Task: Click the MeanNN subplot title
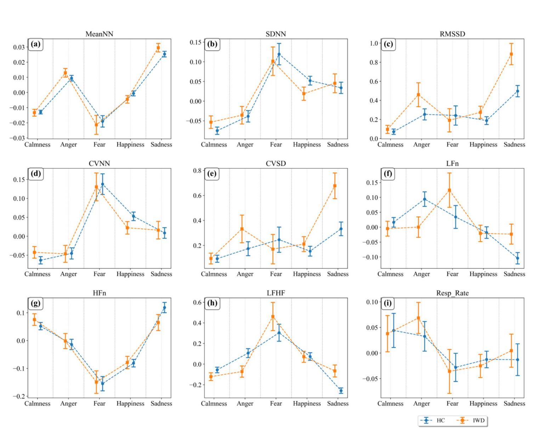coord(99,34)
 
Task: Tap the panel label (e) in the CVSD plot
coord(212,174)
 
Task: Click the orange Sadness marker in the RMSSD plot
coord(511,54)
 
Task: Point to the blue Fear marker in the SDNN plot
coord(279,54)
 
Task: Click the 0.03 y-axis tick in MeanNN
coord(19,47)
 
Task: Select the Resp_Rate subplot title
coord(452,293)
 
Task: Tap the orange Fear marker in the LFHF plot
coord(273,317)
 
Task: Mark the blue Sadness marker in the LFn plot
coord(518,258)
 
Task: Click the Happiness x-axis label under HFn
coord(130,403)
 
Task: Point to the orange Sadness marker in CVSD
coord(335,186)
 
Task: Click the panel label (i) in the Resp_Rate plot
coord(388,303)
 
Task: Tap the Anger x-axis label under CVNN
coord(68,274)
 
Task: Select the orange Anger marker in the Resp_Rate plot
coord(418,318)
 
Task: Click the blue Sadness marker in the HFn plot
coord(164,308)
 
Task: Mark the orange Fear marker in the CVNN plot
coord(96,187)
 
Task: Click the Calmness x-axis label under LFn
coord(390,274)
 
